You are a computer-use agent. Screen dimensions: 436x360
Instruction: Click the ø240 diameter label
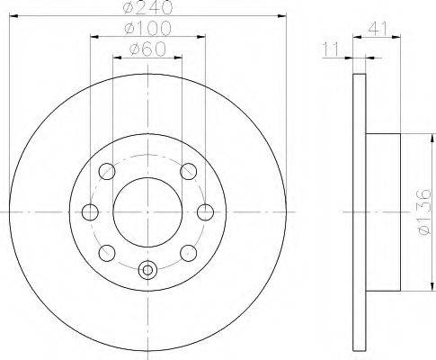pos(148,7)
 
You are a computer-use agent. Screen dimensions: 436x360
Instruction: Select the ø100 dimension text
pos(147,29)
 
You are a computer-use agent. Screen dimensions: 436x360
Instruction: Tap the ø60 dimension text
pos(147,49)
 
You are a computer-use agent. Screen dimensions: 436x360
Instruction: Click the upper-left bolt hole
pos(107,171)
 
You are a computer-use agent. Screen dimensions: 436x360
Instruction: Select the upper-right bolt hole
pos(189,171)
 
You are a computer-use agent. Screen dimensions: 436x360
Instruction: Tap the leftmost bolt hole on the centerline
pos(90,212)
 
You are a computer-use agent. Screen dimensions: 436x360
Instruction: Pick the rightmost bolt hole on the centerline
pos(206,212)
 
